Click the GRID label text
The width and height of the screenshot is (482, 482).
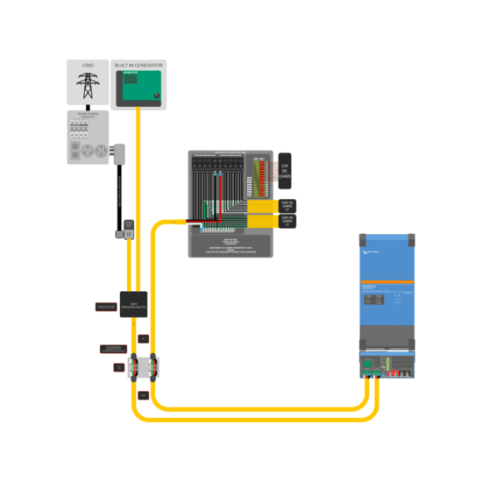88,66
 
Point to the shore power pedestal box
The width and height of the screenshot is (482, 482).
88,137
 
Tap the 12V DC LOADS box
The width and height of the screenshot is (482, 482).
285,171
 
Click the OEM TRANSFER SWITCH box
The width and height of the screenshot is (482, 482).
133,303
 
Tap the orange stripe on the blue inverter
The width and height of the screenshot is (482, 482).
386,281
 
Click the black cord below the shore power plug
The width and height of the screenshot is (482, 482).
118,197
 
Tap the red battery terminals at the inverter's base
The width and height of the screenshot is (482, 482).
405,373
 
